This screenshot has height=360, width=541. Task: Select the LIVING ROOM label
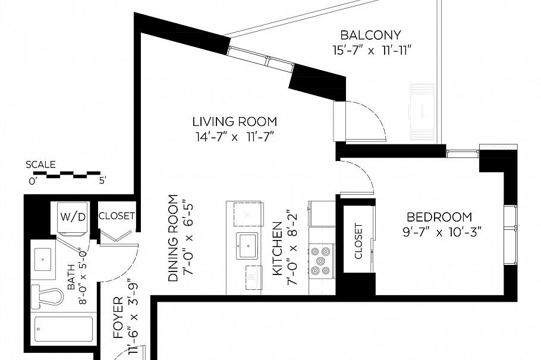[x=234, y=122]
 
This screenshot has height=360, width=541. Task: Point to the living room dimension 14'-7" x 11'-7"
[x=234, y=137]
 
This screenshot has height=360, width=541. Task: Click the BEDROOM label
[x=439, y=217]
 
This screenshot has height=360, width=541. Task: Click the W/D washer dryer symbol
[x=72, y=217]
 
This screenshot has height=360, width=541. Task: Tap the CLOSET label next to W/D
[x=117, y=216]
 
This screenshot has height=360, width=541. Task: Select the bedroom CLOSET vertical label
[x=358, y=241]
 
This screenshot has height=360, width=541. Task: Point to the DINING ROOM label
[x=173, y=238]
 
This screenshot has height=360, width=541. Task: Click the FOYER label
[x=118, y=318]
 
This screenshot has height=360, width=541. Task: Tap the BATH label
[x=73, y=278]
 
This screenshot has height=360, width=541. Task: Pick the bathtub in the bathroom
[x=64, y=329]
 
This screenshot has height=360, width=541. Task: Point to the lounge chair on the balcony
[x=423, y=110]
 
